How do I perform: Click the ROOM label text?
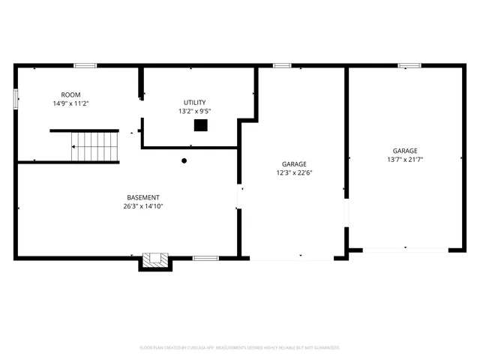pos(70,94)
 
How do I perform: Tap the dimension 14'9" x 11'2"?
pos(70,103)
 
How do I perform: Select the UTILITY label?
pos(194,103)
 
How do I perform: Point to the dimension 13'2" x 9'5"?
pos(194,112)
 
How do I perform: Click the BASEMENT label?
pos(143,197)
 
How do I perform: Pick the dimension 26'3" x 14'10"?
pos(143,206)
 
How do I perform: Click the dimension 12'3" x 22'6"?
pos(294,172)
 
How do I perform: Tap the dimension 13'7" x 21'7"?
pos(405,159)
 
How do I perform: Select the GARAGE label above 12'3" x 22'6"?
pos(294,163)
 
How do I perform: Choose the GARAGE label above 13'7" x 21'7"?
pos(405,150)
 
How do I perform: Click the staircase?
pos(96,146)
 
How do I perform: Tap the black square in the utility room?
pos(200,125)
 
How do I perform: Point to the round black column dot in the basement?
pos(184,160)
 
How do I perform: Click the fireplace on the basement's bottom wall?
pos(156,260)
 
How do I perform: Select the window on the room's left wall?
pos(16,98)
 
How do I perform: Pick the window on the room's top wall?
pos(85,66)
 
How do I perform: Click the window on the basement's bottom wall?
pos(205,259)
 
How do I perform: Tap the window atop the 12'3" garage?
pos(282,66)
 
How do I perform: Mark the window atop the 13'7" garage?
pos(409,66)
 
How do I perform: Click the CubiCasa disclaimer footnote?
pos(240,347)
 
